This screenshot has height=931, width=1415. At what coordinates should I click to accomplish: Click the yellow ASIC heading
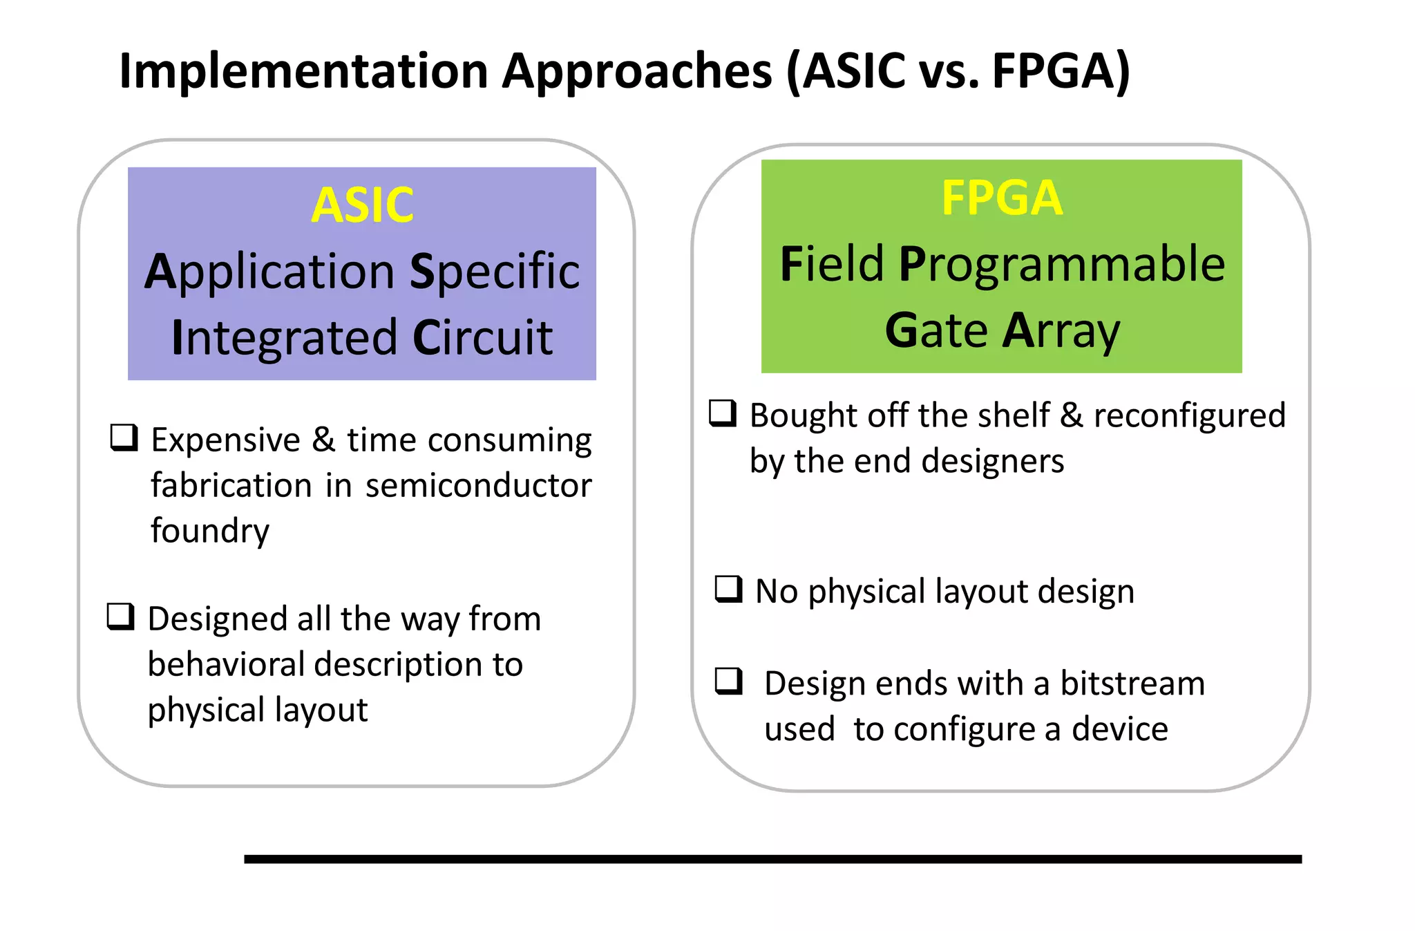(x=362, y=205)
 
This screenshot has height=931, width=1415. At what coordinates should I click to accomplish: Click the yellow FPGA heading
(x=1001, y=198)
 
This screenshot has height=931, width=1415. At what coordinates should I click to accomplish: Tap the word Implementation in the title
(x=304, y=71)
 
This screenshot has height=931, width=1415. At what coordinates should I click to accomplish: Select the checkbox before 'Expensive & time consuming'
(x=124, y=438)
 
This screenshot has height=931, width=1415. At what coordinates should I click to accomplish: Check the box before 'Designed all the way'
(x=121, y=617)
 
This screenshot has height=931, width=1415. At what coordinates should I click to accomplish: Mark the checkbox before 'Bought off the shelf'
(x=723, y=413)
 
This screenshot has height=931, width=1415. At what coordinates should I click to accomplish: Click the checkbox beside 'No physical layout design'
(x=728, y=590)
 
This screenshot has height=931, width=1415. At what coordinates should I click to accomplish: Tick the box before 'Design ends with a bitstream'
(x=728, y=681)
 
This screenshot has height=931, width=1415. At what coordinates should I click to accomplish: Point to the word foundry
(x=210, y=531)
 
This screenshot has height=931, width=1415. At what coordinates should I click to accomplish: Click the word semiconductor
(x=478, y=485)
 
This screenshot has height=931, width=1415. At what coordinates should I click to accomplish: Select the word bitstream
(x=1132, y=683)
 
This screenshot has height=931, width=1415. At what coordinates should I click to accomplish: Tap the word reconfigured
(x=1189, y=415)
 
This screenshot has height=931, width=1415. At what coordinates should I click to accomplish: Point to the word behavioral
(x=226, y=664)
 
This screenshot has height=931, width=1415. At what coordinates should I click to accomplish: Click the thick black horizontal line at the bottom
(x=772, y=858)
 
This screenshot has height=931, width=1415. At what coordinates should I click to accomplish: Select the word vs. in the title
(x=949, y=71)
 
